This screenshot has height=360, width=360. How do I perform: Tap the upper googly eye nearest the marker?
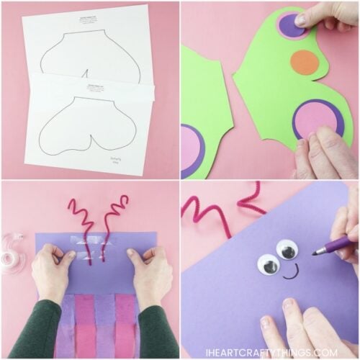coord(287,250)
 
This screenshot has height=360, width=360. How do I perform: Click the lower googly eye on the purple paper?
coord(269,265)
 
